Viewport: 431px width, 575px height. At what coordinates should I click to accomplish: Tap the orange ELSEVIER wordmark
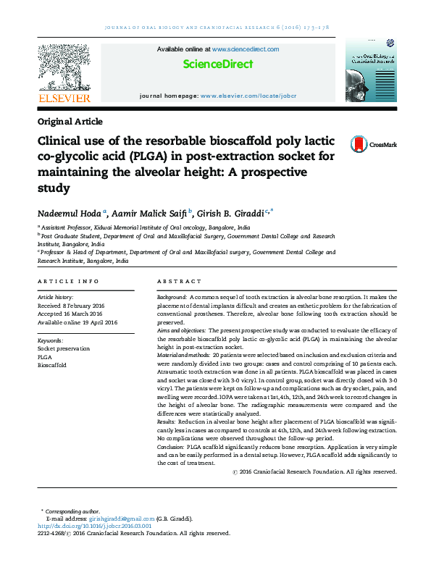(64, 98)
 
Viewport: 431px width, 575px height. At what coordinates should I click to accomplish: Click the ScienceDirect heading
(217, 64)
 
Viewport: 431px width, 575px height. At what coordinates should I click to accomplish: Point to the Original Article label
(70, 122)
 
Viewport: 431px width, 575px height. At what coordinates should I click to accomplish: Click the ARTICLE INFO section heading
(68, 281)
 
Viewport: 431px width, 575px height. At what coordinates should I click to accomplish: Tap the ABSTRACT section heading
(179, 281)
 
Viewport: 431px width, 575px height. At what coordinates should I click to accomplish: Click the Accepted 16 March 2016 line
(72, 314)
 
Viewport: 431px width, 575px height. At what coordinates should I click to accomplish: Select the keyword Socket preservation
(64, 348)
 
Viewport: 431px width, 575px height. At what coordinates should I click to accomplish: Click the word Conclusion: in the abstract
(171, 448)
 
